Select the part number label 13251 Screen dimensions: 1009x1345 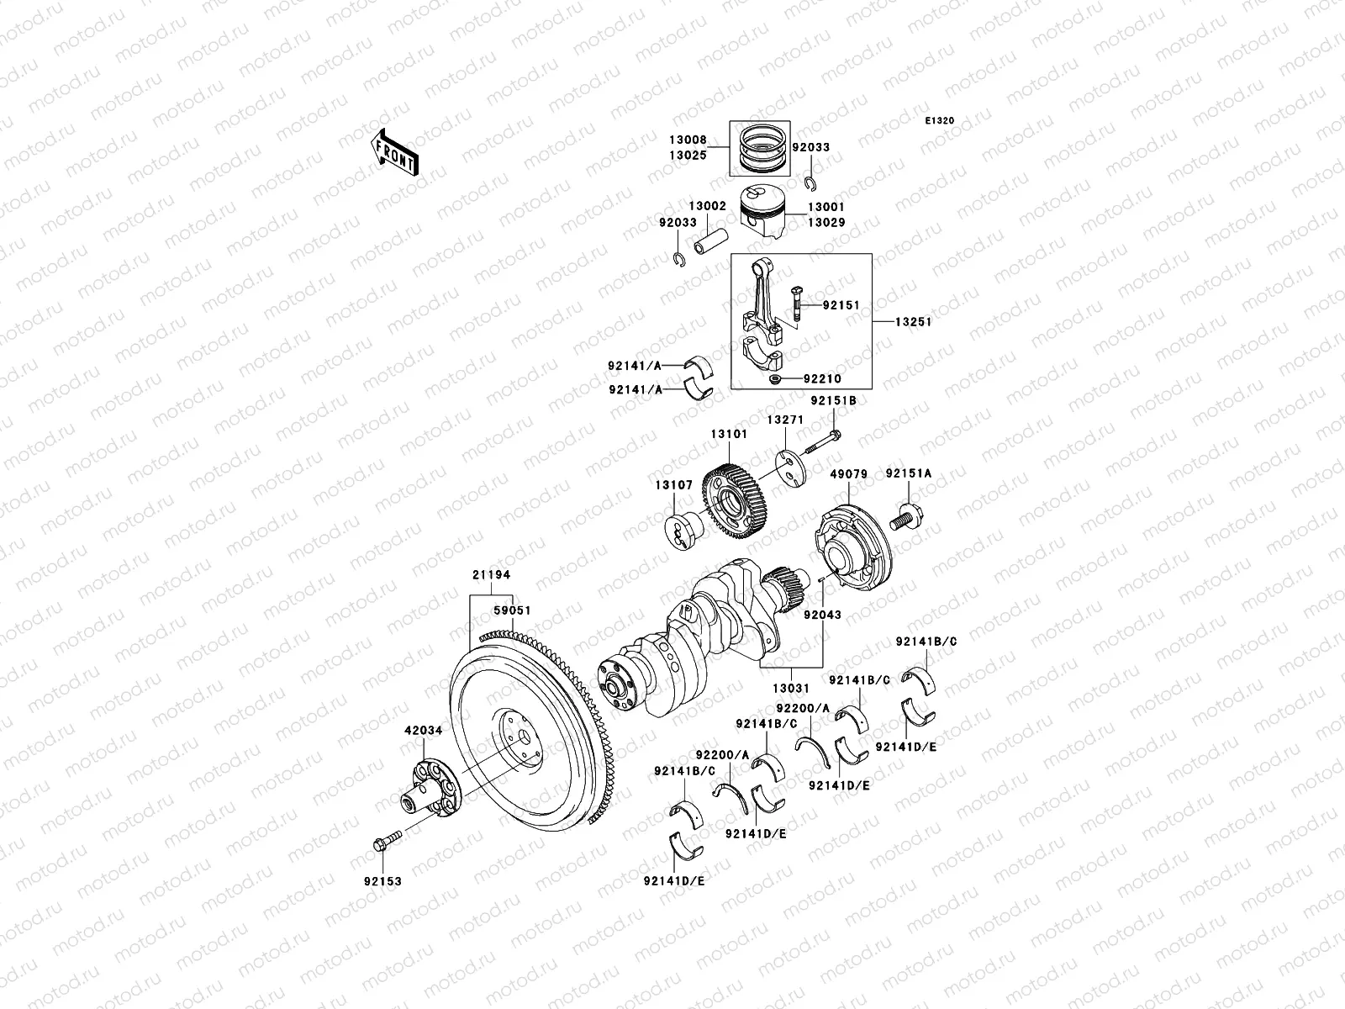913,322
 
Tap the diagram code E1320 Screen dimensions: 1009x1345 940,121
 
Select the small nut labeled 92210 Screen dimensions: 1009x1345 774,380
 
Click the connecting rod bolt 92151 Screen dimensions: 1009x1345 794,304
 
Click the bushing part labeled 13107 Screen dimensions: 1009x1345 683,531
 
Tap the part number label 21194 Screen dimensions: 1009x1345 491,574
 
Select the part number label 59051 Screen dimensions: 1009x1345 511,610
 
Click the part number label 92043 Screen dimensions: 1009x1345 822,615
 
